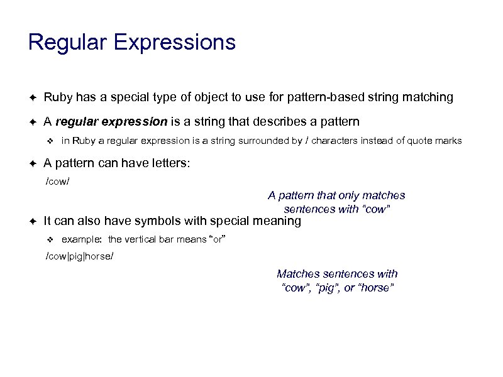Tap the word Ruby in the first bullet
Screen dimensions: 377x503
57,97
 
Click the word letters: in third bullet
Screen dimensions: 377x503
169,164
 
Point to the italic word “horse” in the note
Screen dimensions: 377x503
375,288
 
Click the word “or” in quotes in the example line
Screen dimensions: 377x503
216,239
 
